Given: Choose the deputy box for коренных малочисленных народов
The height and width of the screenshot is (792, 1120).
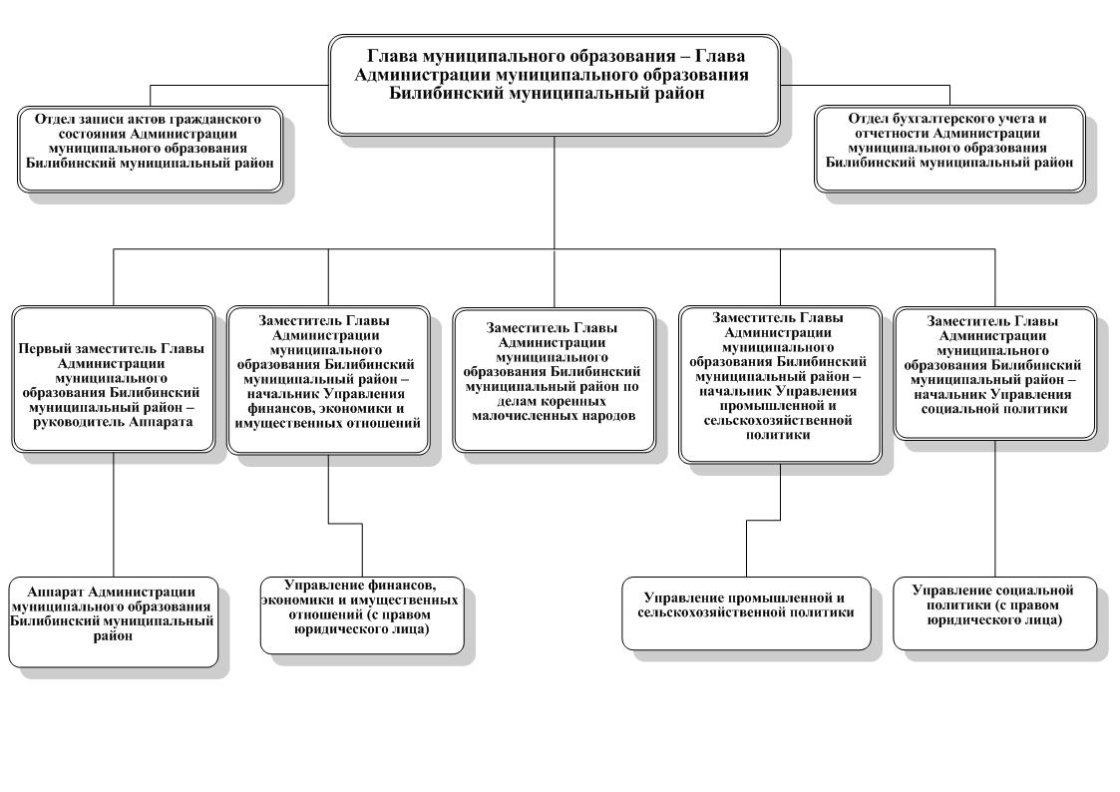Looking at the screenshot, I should tap(555, 379).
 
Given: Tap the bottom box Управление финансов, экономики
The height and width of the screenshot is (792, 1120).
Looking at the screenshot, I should tap(361, 614).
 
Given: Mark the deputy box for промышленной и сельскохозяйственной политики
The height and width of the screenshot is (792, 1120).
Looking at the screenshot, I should tap(779, 384).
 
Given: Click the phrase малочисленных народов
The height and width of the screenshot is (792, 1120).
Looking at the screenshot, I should tap(554, 416).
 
